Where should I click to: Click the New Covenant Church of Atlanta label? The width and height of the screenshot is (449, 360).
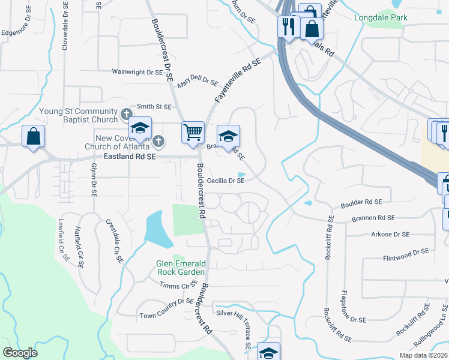pyautogui.click(x=117, y=143)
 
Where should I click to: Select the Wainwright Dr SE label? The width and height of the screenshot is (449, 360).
pyautogui.click(x=137, y=71)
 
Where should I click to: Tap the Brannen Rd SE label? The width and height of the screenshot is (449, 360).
pyautogui.click(x=372, y=218)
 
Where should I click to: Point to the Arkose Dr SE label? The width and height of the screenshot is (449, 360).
pyautogui.click(x=390, y=234)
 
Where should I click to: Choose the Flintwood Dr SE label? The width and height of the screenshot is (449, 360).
pyautogui.click(x=406, y=254)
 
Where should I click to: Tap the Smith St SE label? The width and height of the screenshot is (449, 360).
pyautogui.click(x=154, y=107)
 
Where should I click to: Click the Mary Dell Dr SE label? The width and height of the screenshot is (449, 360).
pyautogui.click(x=197, y=80)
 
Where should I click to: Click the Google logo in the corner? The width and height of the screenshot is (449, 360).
pyautogui.click(x=20, y=352)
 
